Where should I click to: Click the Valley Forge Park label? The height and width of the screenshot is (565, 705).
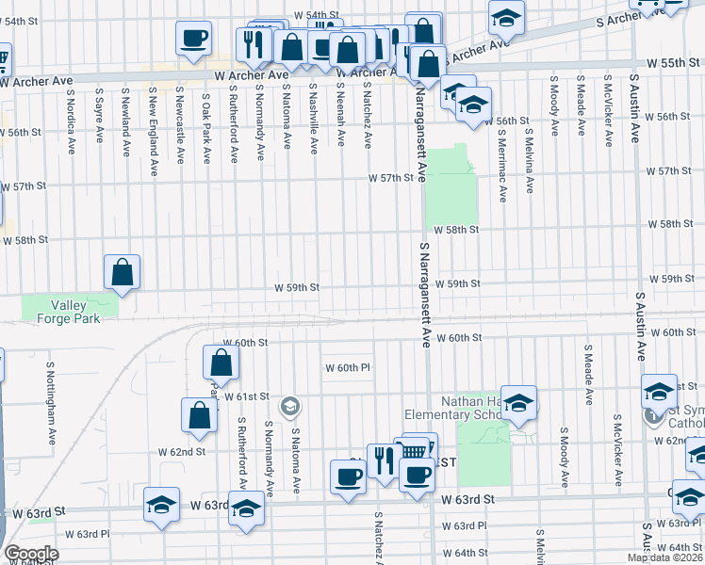pos(69,311)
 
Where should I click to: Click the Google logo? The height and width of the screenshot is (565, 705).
pos(31,554)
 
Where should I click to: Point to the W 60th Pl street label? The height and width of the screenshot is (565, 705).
pos(348,367)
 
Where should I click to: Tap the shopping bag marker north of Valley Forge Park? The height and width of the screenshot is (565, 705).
pos(123,272)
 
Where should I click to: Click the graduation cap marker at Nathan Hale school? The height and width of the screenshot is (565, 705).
pos(517,403)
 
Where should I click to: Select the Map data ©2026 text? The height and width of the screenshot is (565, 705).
pos(664,557)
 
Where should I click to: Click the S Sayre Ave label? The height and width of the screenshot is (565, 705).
pos(98,116)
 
